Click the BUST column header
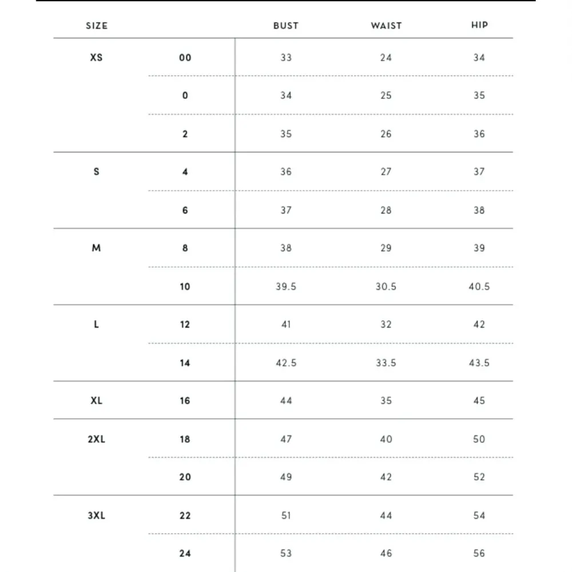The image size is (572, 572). point(286,26)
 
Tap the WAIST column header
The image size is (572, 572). point(386,26)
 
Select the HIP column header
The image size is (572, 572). point(479,25)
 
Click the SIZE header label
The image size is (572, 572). point(97,26)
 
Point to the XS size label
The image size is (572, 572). point(97,57)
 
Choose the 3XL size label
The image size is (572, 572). point(97,515)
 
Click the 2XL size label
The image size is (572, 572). point(97,439)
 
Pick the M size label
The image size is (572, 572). point(97,248)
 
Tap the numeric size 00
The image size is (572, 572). point(185,58)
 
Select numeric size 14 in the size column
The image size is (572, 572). point(185,363)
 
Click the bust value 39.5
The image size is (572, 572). point(286,287)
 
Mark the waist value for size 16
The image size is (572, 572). point(386,401)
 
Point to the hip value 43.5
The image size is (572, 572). point(479,363)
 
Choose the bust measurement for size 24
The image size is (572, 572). point(286,553)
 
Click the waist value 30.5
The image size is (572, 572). point(386,287)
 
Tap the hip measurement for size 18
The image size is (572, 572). point(479,439)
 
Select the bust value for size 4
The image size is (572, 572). point(286,172)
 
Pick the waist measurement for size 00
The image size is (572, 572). point(386,58)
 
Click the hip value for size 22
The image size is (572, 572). point(479,515)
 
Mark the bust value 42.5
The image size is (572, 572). point(286,363)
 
